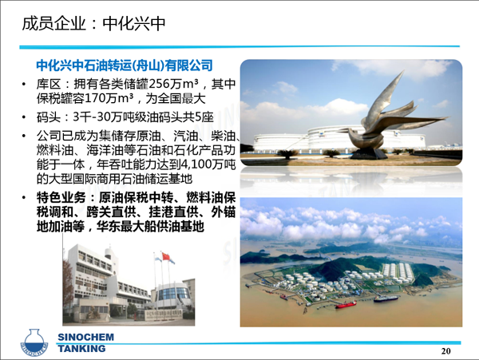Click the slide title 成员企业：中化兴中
pos(93,24)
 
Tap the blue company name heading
pos(125,65)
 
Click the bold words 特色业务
pos(61,198)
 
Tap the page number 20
pos(446,351)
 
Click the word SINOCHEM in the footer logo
pos(86,337)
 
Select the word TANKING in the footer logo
pos(82,348)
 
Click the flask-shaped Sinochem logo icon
pos(34,342)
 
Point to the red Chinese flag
pos(165,256)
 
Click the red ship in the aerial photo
pos(346,304)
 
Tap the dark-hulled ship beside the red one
pos(386,299)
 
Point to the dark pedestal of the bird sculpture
pos(368,154)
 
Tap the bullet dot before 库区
pos(24,84)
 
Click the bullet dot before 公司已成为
pos(24,136)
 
